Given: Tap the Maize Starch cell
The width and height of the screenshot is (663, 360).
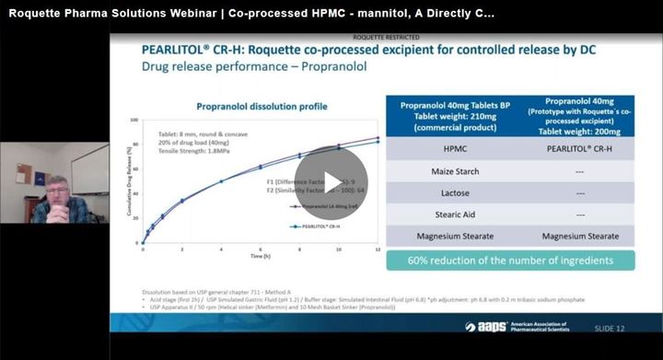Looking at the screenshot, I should [x=446, y=172].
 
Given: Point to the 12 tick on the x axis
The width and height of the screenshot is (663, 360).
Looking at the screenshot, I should [x=378, y=250].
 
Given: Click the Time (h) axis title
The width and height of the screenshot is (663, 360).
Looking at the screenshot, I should [x=260, y=257].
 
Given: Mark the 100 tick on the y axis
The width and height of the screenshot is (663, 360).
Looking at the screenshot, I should [x=134, y=120].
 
